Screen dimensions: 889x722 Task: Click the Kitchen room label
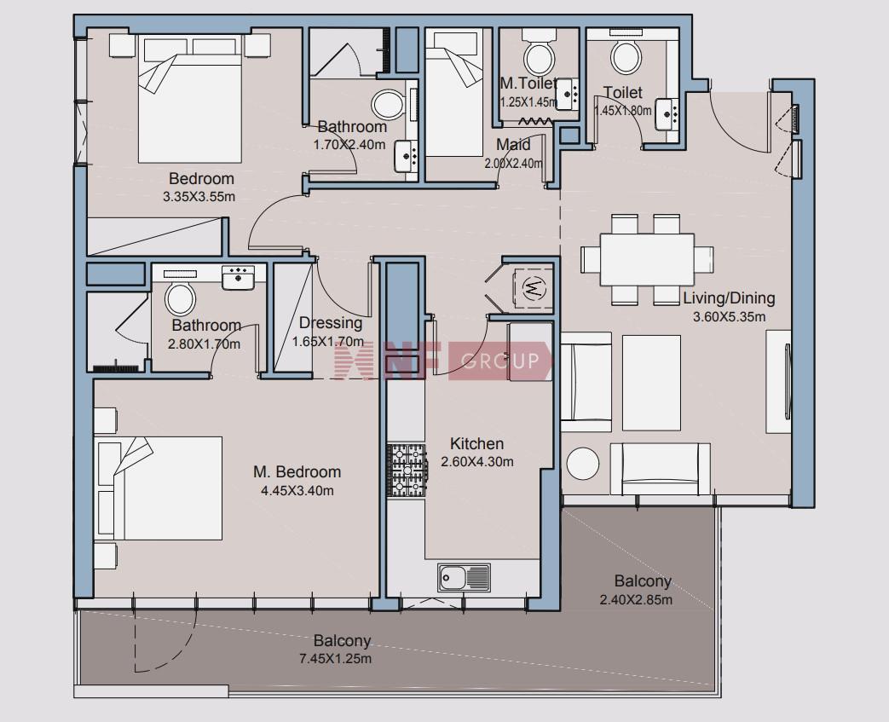coord(476,443)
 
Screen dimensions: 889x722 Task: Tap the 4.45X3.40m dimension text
coord(297,491)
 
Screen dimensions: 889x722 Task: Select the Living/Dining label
coord(729,298)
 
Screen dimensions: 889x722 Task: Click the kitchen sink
coord(464,577)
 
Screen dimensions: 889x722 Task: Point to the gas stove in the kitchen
coord(407,471)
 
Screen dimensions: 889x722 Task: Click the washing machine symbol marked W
coord(533,288)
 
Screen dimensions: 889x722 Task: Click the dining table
coord(647,260)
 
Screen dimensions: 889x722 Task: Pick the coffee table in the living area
coord(651,383)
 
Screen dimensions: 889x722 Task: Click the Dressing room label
coord(331,323)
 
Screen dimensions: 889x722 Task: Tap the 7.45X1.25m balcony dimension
coord(335,659)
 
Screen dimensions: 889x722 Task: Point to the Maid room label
coord(513,145)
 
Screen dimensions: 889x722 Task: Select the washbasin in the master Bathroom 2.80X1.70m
coord(238,278)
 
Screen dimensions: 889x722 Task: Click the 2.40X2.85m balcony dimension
coord(636,599)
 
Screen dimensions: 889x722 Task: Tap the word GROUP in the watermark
coord(499,361)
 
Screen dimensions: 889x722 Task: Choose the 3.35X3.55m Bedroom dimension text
coord(199,198)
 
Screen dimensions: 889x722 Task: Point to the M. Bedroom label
coord(297,472)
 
